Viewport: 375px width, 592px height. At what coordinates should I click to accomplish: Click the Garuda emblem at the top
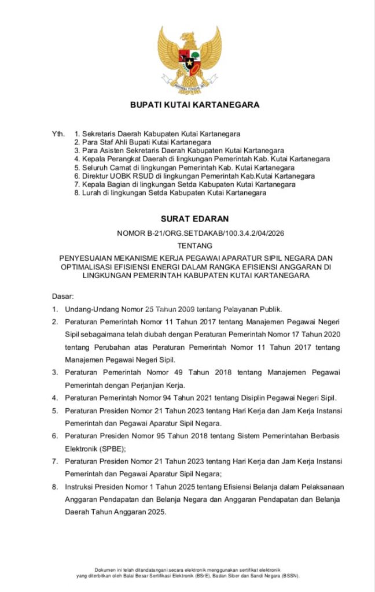pos(190,59)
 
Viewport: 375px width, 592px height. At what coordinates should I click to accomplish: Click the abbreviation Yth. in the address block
pos(58,134)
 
